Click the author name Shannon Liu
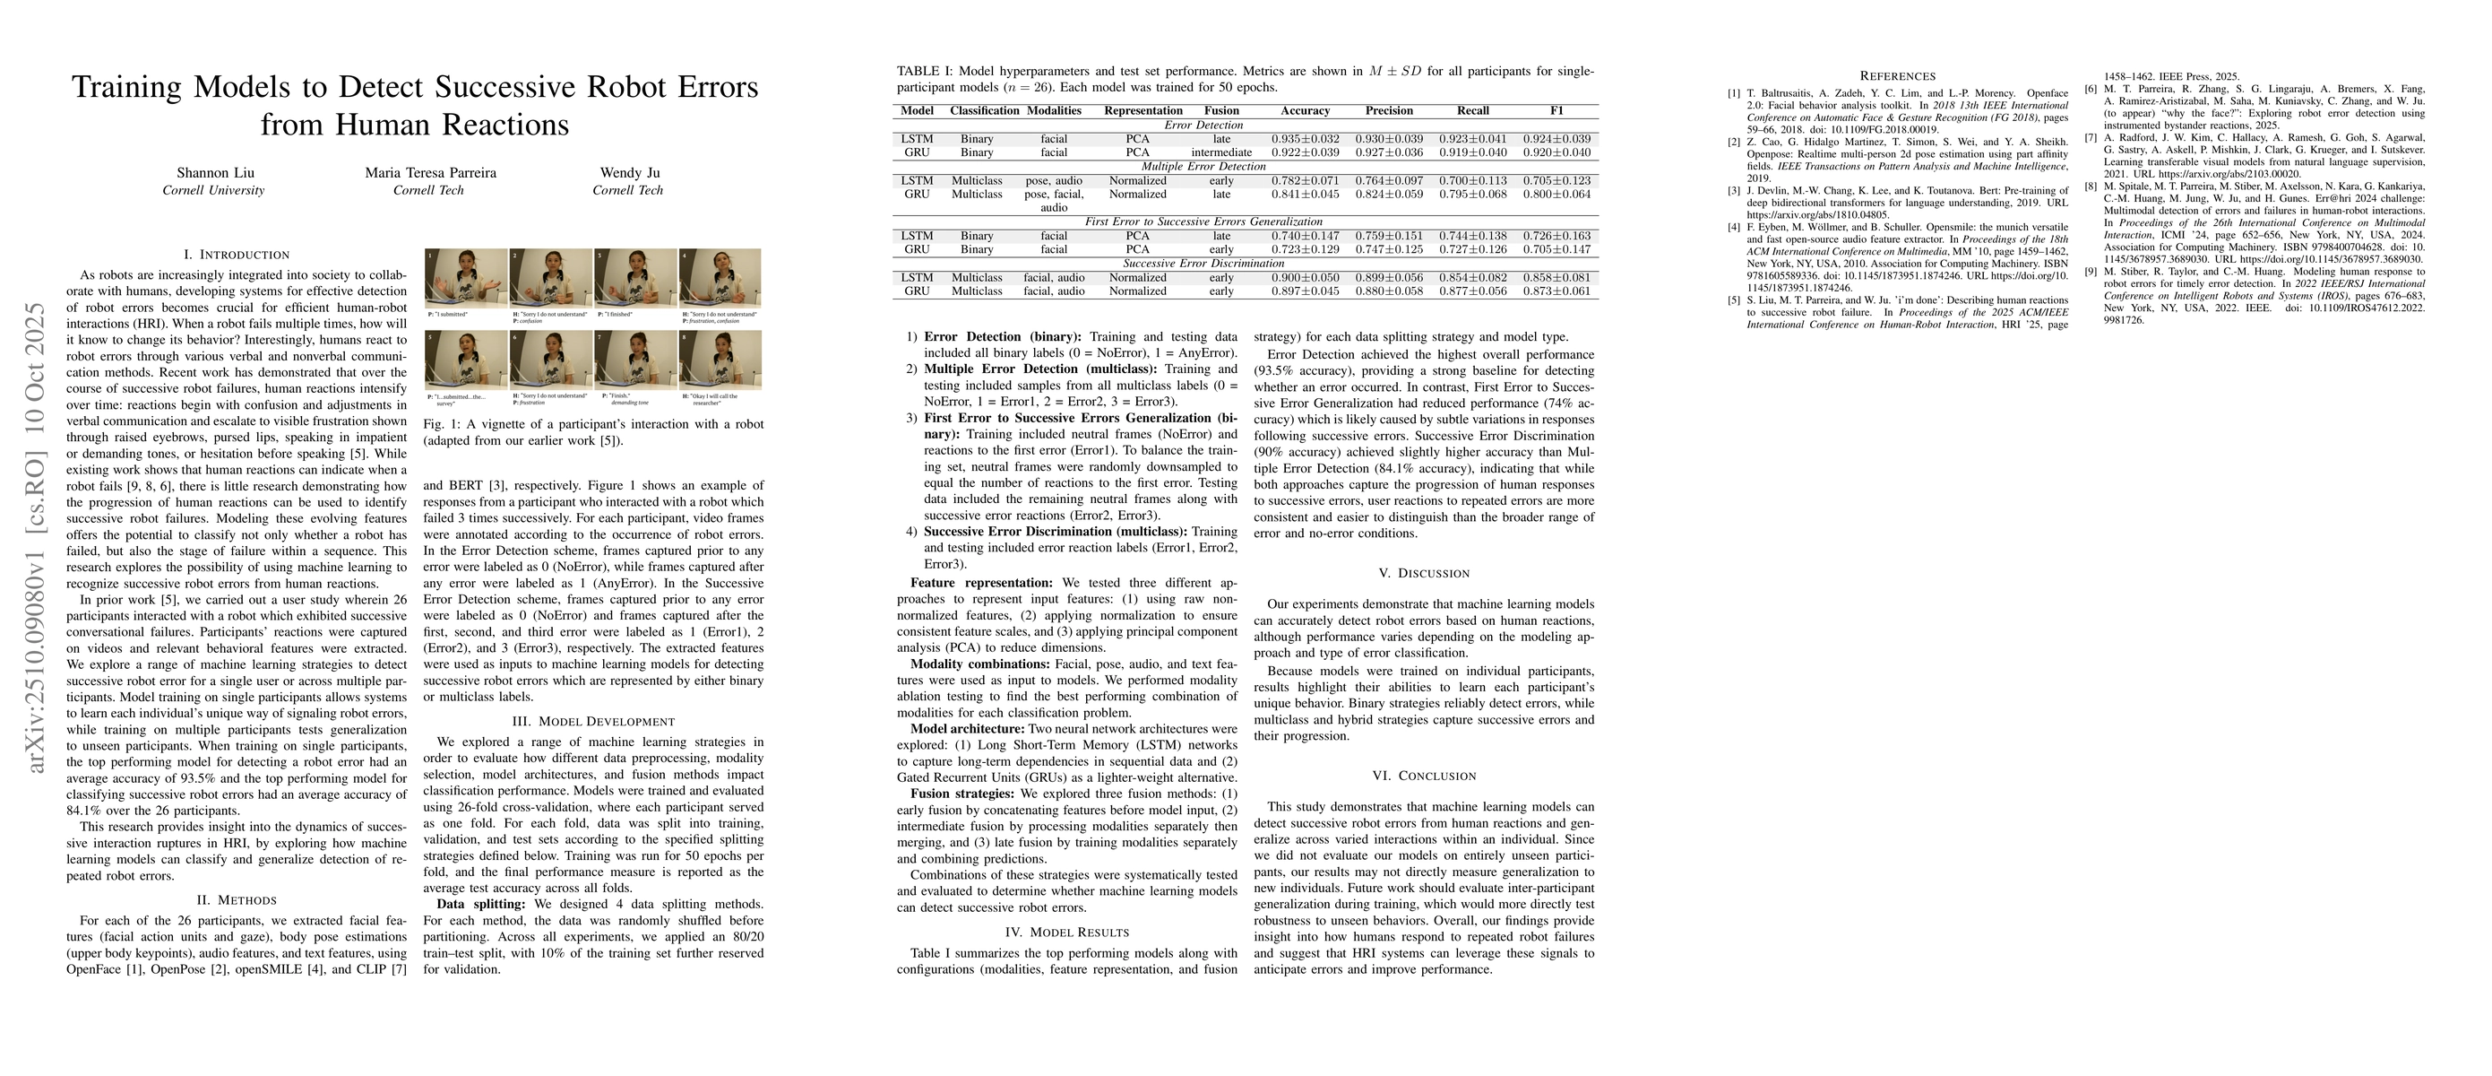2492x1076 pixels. click(214, 173)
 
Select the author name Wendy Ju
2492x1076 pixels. click(628, 173)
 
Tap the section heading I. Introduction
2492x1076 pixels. click(236, 255)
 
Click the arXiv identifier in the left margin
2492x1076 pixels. click(37, 537)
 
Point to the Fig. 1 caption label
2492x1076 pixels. click(441, 424)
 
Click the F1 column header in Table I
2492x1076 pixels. click(1556, 110)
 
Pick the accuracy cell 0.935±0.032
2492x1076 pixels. click(1305, 139)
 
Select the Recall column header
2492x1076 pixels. click(1472, 110)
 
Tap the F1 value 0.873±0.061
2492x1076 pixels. click(1556, 291)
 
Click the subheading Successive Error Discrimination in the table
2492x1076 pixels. click(1203, 264)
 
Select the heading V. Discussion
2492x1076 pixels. click(1423, 573)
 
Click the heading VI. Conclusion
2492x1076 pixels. click(1423, 776)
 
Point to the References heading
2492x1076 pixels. click(1898, 75)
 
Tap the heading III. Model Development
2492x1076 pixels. click(593, 721)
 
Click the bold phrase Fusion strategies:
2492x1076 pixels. click(961, 794)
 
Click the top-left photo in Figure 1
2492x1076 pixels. click(466, 278)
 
